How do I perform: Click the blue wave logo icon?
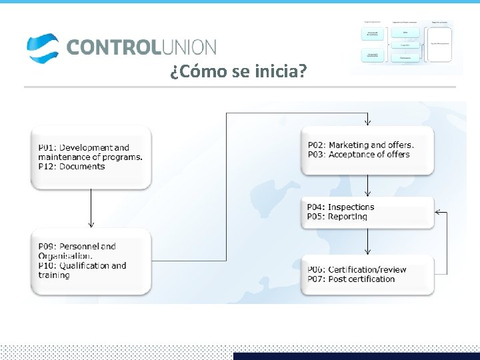[42, 47]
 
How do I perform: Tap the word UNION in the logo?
[188, 47]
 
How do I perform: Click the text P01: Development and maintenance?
[90, 152]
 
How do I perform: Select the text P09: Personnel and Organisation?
[77, 251]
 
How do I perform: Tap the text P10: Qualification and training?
[82, 270]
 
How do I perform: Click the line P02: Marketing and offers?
[360, 145]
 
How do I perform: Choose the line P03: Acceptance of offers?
[358, 155]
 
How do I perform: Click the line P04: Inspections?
[341, 207]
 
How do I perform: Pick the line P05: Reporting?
[337, 217]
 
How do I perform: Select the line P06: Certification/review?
[356, 269]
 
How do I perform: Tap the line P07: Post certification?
[351, 279]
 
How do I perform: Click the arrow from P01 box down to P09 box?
[91, 208]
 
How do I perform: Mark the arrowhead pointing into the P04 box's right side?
[438, 213]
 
